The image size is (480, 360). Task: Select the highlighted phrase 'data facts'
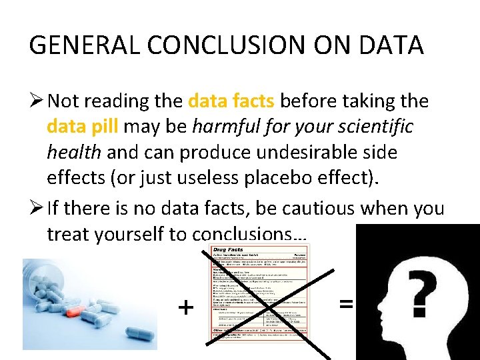pyautogui.click(x=231, y=101)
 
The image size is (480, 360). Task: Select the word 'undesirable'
pyautogui.click(x=352, y=152)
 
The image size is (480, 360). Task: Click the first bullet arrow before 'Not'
pyautogui.click(x=37, y=101)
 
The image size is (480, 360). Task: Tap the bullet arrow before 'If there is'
pyautogui.click(x=37, y=208)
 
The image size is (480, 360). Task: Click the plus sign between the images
pyautogui.click(x=186, y=307)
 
